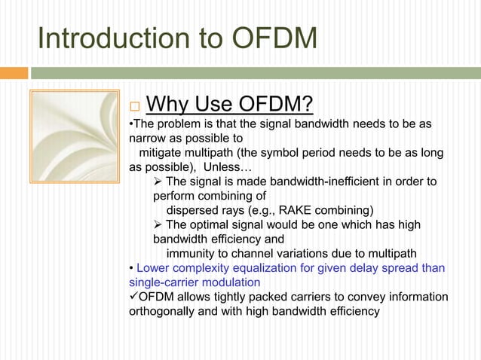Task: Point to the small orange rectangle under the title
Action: point(14,73)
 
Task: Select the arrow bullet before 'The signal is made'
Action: point(158,182)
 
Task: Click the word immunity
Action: point(192,253)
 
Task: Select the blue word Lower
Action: point(154,268)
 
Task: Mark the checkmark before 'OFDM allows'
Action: point(133,297)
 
